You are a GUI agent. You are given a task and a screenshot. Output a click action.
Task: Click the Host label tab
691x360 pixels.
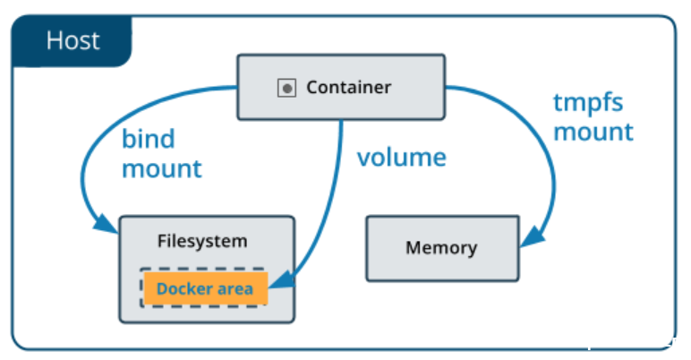point(72,41)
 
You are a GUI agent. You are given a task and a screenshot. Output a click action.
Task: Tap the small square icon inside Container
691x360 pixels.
point(286,88)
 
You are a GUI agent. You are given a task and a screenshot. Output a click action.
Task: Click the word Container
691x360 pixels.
point(348,88)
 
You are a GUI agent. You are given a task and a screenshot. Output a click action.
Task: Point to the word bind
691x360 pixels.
point(148,140)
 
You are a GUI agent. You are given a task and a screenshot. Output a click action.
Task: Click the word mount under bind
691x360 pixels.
point(161,168)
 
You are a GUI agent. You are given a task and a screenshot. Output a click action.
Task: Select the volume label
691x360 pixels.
point(401,158)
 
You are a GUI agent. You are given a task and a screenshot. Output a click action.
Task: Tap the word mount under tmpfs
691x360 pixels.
point(593,133)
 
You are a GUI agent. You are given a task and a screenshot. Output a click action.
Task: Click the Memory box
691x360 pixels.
point(441,247)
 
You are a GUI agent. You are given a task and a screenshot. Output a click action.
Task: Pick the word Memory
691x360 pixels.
point(441,248)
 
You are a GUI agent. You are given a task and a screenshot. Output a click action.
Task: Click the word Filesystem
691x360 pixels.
point(202,241)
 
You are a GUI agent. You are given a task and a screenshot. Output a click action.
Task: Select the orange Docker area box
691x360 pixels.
point(205,288)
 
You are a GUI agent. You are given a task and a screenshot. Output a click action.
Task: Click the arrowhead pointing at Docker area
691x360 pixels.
point(280,284)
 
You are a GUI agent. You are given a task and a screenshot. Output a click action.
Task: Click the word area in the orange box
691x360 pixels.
point(237,289)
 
